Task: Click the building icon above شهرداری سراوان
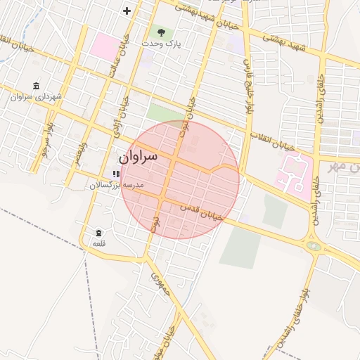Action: [x=36, y=85]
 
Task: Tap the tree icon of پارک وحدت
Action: [x=162, y=32]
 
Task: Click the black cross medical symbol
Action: [x=127, y=11]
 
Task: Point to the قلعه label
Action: [x=98, y=243]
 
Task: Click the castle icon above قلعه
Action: [x=98, y=233]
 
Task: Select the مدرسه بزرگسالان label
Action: [x=116, y=184]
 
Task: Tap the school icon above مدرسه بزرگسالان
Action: [x=115, y=174]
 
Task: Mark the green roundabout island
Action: [x=312, y=247]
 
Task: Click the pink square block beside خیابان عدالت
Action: [x=105, y=46]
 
